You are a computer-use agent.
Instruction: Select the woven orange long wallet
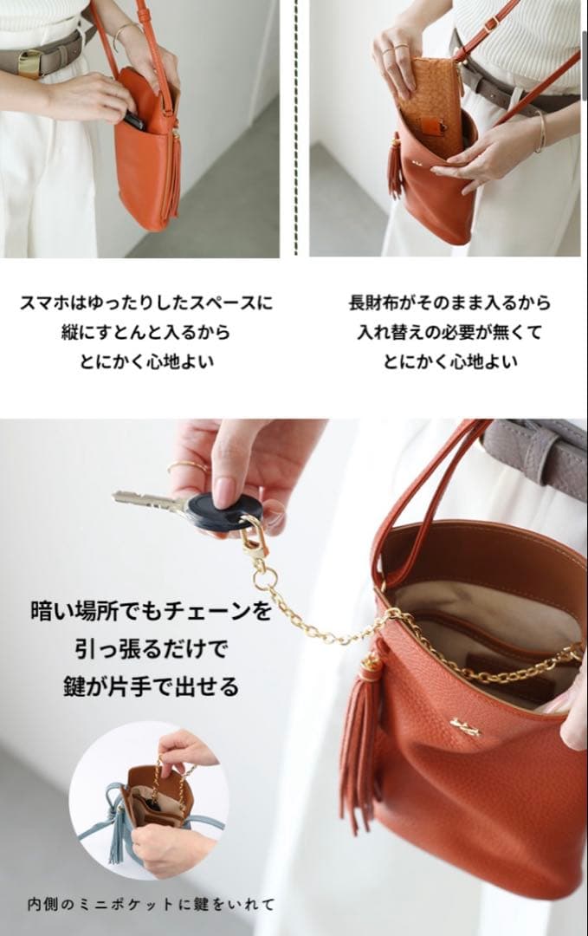430,108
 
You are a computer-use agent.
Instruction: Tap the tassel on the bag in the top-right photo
396,169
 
